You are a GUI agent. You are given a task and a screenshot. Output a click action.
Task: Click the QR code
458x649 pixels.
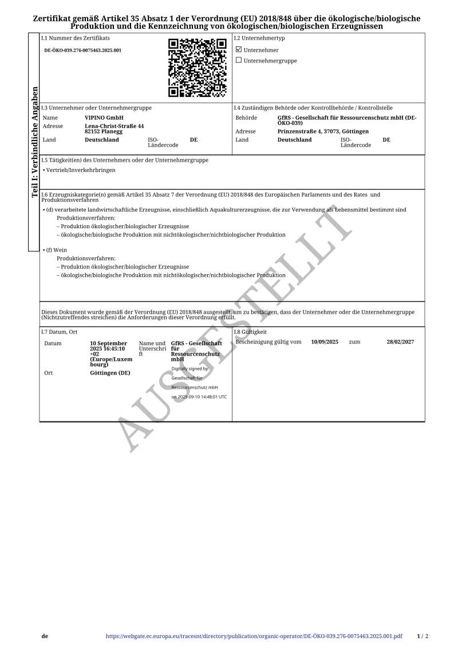pos(198,68)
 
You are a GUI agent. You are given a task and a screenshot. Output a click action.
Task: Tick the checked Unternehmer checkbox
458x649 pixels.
pos(239,50)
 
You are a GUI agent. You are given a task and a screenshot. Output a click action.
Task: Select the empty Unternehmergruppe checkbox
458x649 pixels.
pos(239,60)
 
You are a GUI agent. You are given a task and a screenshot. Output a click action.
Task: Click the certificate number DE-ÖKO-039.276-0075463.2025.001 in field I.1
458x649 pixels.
pos(83,50)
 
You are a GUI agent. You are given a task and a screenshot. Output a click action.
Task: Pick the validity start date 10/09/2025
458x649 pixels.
pos(325,342)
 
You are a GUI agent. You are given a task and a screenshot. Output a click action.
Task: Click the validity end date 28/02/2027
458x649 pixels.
pos(400,342)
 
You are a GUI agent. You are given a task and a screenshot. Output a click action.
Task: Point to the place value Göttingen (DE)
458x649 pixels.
pos(110,373)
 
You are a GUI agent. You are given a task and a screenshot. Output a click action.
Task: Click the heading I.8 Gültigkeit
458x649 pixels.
pos(250,332)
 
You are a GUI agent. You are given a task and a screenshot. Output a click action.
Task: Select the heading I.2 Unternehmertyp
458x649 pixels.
pos(259,38)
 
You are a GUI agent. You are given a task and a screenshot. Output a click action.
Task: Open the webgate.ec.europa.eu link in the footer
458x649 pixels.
pos(254,636)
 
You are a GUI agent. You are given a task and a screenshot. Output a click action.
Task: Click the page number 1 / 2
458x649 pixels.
pos(423,636)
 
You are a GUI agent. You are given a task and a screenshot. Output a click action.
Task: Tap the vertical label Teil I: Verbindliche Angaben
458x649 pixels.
pos(35,142)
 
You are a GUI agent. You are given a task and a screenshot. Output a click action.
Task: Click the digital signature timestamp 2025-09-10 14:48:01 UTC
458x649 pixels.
pos(199,397)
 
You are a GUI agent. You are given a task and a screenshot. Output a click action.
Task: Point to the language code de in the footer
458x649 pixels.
pos(45,636)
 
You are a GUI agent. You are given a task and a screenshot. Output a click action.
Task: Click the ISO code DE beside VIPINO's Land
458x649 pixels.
pos(194,140)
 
